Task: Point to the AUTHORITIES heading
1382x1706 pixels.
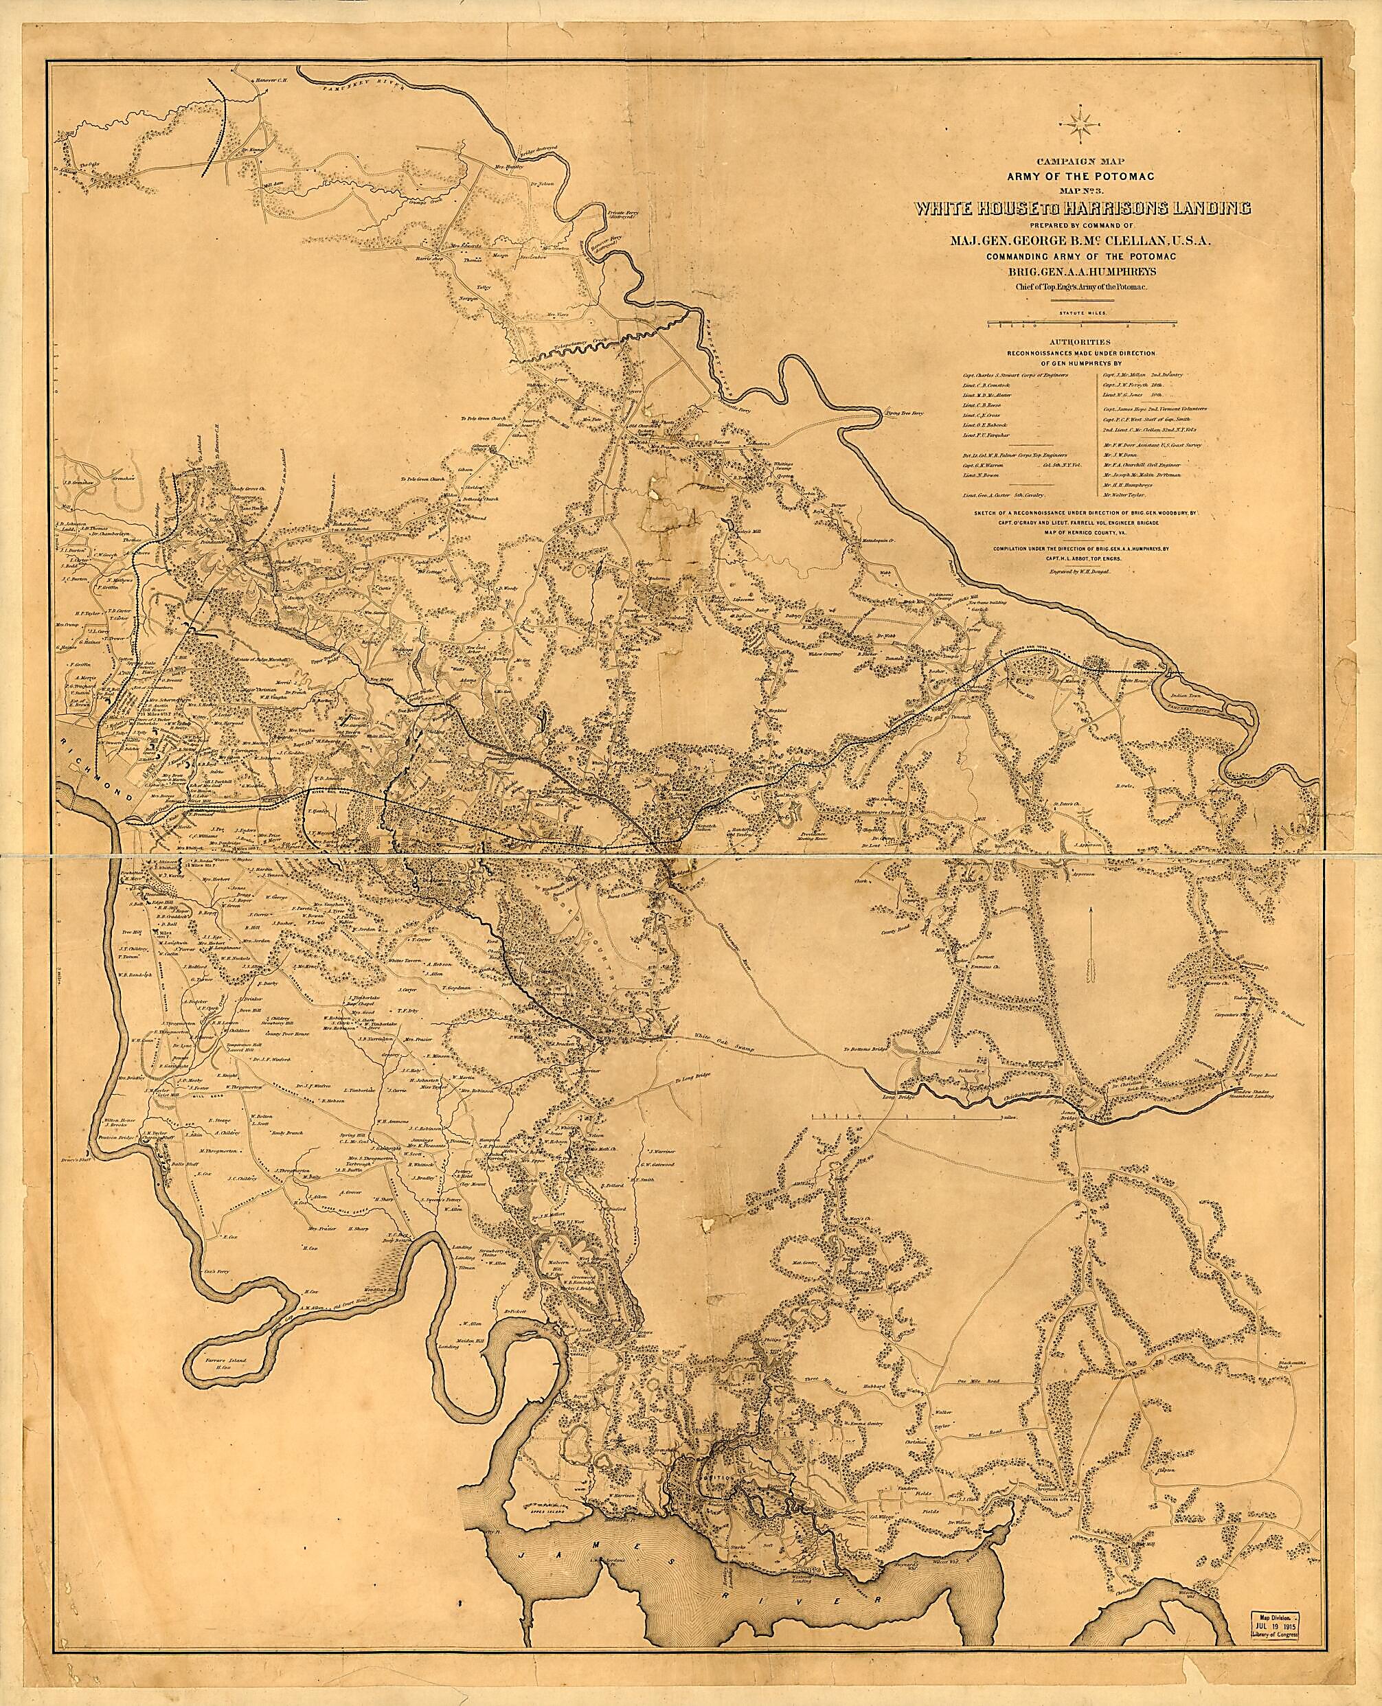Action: tap(1081, 340)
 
